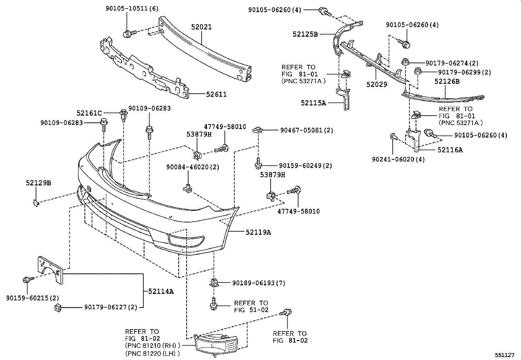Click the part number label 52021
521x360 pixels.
[201, 27]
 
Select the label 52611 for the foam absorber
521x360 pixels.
[216, 95]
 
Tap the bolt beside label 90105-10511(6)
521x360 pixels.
[127, 33]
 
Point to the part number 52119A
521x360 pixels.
[258, 232]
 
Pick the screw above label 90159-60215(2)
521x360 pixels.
[27, 280]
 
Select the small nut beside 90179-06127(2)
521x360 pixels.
[58, 307]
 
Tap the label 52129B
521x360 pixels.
[38, 183]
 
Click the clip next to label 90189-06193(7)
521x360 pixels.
[213, 283]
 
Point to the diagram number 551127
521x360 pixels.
[505, 355]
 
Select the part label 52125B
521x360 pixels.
[305, 34]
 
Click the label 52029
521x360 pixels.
[377, 85]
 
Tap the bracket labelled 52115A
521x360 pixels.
[344, 98]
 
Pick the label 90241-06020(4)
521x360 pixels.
[398, 159]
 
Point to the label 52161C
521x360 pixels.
[89, 113]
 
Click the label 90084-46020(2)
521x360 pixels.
[192, 167]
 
